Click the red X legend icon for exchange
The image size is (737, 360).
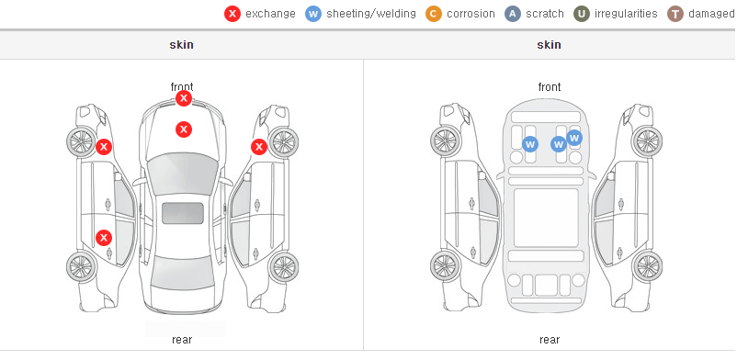tap(232, 14)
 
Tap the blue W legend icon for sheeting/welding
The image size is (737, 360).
tap(313, 14)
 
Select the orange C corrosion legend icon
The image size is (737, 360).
tap(434, 14)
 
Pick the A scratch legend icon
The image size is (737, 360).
tap(513, 14)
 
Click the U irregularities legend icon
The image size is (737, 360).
tap(582, 14)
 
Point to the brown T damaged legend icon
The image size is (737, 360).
tap(675, 14)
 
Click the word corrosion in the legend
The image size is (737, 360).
tap(471, 14)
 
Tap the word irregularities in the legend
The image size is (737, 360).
tap(626, 14)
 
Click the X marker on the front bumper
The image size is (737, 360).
tap(184, 98)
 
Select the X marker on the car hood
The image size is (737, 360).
tap(184, 129)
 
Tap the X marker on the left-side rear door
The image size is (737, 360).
tap(104, 238)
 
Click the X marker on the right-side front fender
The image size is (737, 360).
tap(259, 147)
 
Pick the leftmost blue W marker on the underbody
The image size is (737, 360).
tap(530, 144)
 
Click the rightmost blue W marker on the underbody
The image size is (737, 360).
tap(574, 138)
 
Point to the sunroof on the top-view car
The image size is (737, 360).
tap(183, 213)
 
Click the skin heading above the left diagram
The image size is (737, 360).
tap(181, 45)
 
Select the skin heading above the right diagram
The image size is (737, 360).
tap(549, 45)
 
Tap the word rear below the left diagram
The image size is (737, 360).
tap(182, 340)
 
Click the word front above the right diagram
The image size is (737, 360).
tap(550, 87)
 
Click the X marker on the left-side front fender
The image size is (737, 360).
tap(104, 147)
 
